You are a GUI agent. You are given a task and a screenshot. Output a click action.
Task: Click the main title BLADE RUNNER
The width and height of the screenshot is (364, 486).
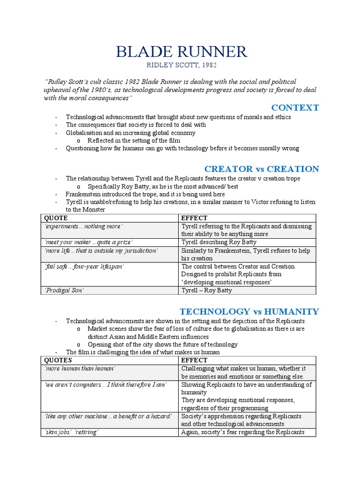(182, 51)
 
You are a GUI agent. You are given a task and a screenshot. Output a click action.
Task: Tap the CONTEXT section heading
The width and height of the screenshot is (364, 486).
(296, 108)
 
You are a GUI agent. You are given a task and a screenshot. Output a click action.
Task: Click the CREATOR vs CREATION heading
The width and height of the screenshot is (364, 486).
(262, 169)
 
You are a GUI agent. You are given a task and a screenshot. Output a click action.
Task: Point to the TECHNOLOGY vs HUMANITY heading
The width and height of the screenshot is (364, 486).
(249, 311)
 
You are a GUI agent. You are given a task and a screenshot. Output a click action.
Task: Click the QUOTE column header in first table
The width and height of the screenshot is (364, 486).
(56, 218)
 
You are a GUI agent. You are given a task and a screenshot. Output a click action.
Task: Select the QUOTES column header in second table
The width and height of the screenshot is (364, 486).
(58, 360)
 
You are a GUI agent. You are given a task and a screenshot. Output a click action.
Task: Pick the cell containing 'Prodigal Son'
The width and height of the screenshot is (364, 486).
(64, 290)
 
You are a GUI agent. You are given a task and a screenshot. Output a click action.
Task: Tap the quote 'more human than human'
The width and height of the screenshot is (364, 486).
(80, 369)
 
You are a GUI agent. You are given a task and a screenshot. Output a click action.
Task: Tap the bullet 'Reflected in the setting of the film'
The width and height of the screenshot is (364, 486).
(134, 140)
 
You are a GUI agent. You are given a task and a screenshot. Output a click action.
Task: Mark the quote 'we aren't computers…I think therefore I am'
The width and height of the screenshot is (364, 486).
(105, 384)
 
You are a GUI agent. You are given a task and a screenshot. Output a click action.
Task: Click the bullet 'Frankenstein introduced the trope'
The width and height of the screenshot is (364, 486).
(145, 194)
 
